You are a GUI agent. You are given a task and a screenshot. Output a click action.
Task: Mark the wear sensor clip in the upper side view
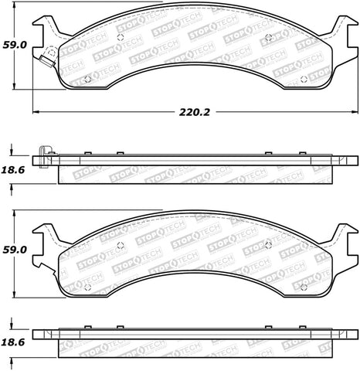46,151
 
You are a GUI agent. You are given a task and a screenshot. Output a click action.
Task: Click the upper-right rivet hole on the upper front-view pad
268,37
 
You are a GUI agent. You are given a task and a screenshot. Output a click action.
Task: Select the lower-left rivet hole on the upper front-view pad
87,78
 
